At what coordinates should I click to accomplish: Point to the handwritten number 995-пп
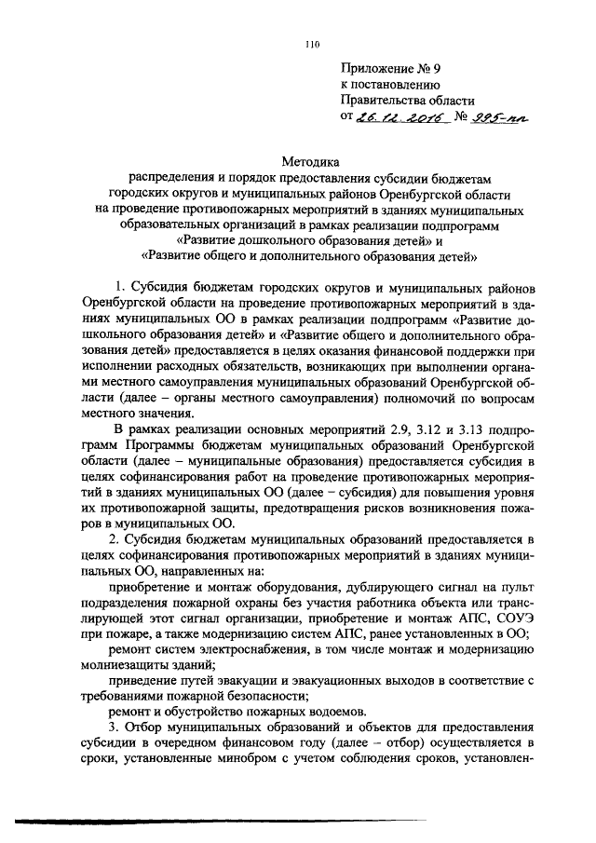(493, 117)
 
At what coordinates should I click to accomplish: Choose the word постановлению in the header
(403, 83)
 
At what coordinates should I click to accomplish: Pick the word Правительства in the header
(381, 100)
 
